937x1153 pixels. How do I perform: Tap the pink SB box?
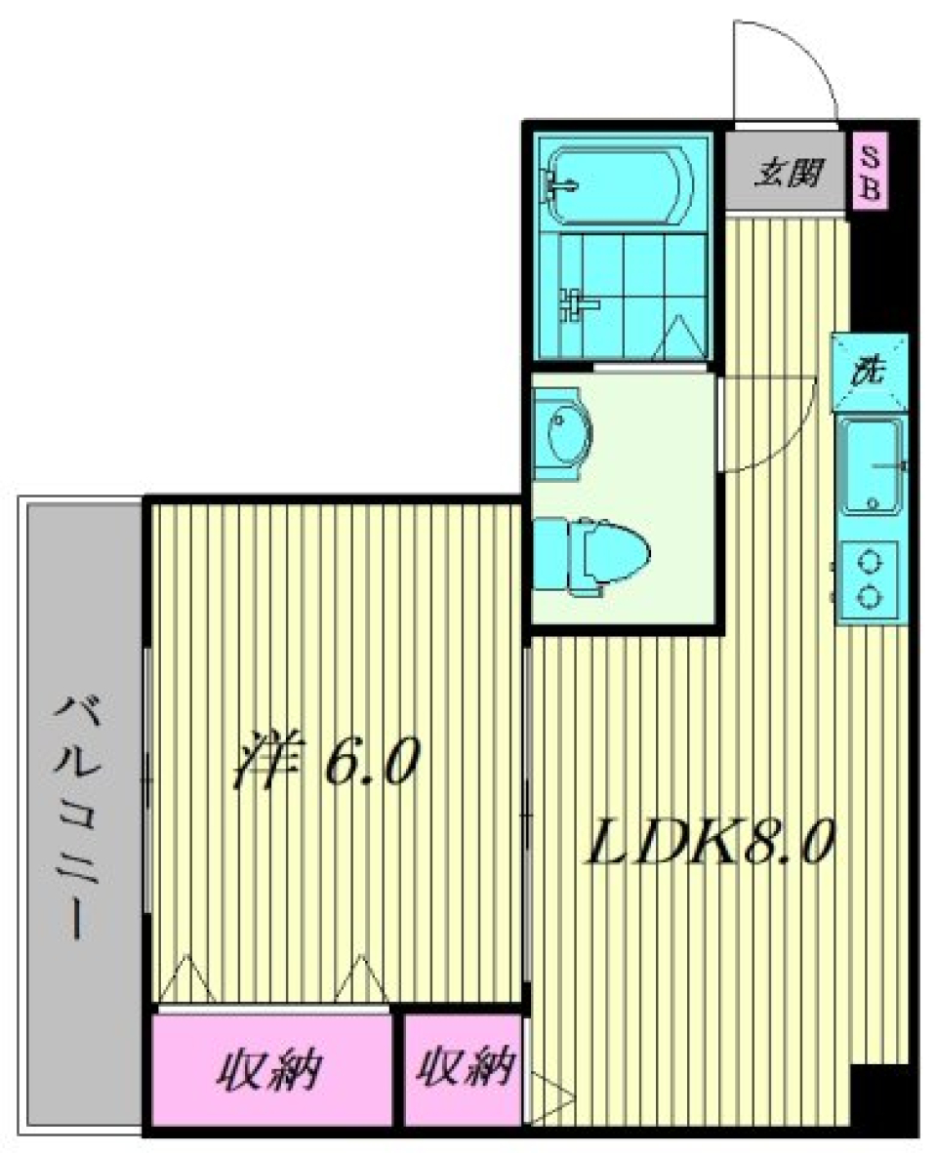pos(870,173)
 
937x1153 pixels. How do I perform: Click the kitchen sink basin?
pos(873,464)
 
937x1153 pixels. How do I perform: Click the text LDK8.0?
pos(709,846)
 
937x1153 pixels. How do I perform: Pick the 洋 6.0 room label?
pos(325,762)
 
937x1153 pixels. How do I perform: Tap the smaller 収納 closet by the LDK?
pos(464,1071)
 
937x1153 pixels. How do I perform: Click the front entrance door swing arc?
pos(787,68)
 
